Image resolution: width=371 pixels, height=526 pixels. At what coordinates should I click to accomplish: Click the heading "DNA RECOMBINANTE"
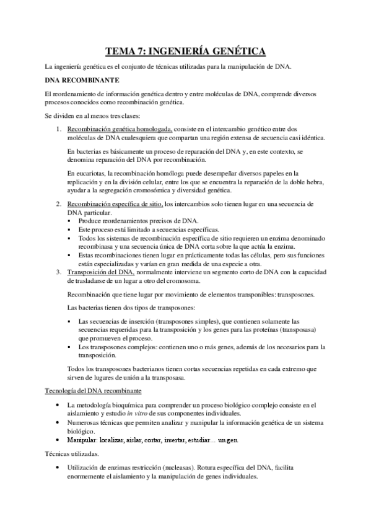pyautogui.click(x=78, y=80)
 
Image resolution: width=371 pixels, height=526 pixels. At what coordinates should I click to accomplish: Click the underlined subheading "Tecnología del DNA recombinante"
pyautogui.click(x=94, y=391)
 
